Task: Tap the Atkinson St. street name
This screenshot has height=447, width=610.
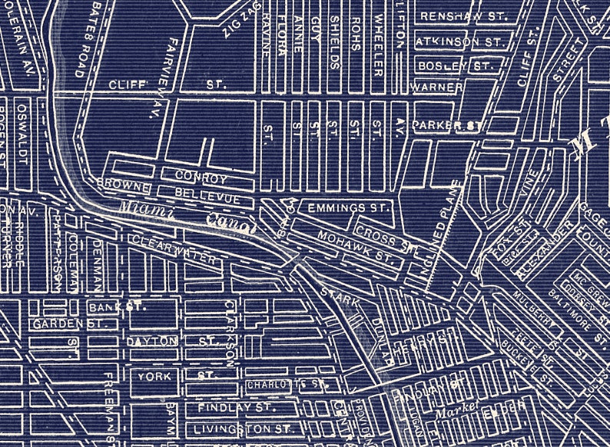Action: [459, 41]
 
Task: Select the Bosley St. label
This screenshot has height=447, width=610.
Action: [454, 66]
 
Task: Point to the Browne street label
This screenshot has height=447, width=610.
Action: [121, 184]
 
